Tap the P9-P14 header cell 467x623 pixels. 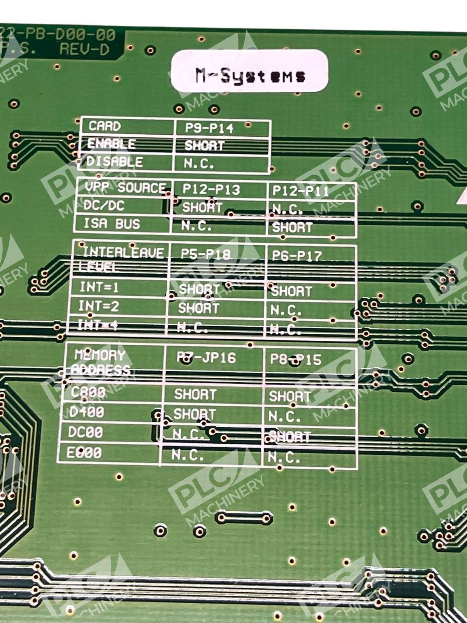click(209, 128)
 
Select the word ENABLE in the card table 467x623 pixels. click(111, 144)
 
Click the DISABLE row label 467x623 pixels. click(114, 162)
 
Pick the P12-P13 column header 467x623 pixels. click(211, 190)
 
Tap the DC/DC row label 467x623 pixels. click(104, 206)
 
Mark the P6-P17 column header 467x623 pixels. click(297, 256)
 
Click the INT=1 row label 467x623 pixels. click(99, 288)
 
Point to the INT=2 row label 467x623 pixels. click(99, 306)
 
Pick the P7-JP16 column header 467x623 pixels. click(206, 358)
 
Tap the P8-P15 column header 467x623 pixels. click(296, 359)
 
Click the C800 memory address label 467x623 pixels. click(88, 392)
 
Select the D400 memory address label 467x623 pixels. click(86, 412)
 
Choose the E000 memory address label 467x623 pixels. click(84, 452)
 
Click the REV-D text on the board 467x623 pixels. click(84, 49)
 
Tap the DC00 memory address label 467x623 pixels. click(85, 432)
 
